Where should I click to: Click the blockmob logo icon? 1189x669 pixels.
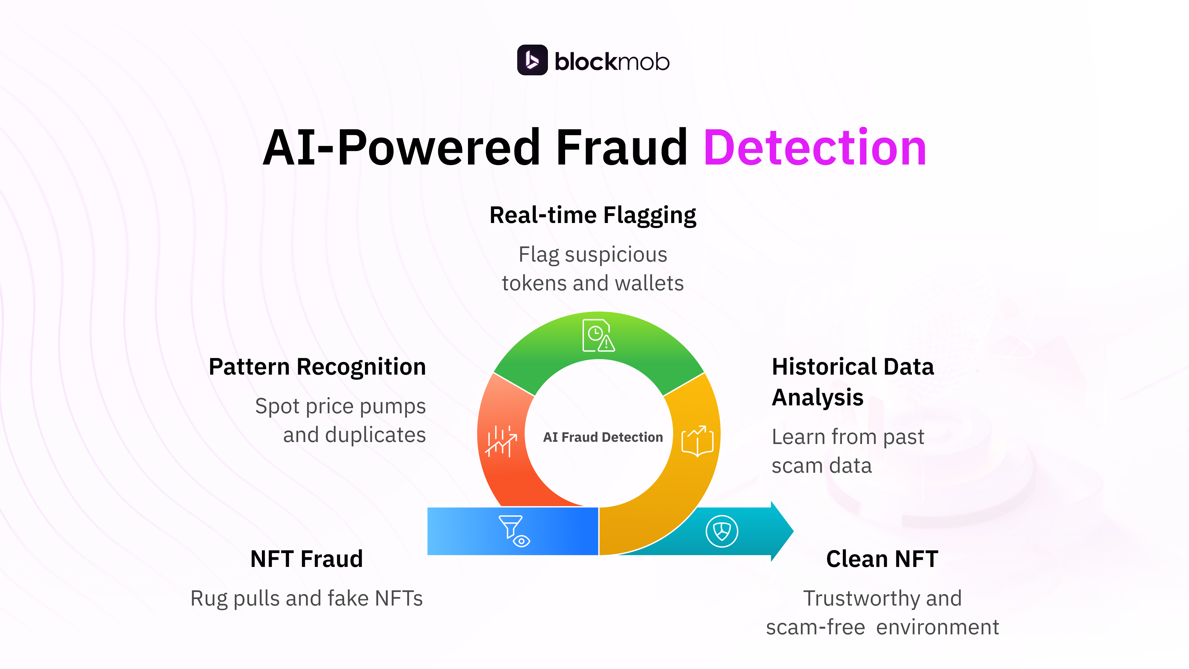532,60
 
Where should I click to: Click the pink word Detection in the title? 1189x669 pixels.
815,148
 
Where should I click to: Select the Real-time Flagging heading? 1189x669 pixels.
593,215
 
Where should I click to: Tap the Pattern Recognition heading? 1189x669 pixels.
317,367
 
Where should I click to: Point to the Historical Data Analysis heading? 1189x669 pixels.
852,382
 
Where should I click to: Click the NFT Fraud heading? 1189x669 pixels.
306,559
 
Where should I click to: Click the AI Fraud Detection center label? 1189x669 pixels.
603,437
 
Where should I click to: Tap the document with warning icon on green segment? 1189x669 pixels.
598,336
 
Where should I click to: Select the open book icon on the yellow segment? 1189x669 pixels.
698,441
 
